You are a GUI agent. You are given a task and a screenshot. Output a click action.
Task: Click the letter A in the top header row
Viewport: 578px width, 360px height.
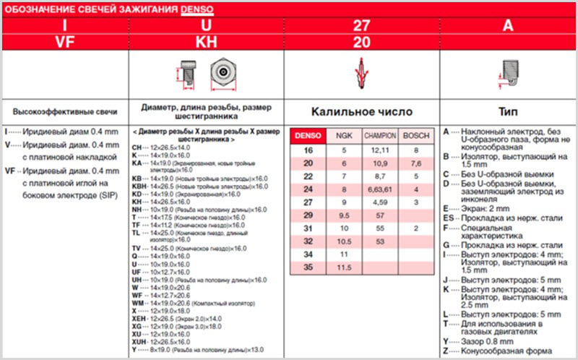(x=507, y=26)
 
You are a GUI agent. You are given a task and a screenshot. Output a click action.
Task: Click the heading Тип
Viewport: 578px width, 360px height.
(x=507, y=112)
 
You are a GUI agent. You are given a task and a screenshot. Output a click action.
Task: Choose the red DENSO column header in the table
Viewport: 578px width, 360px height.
(x=306, y=135)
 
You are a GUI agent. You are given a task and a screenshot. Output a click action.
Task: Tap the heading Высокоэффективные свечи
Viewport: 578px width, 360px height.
(x=65, y=112)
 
